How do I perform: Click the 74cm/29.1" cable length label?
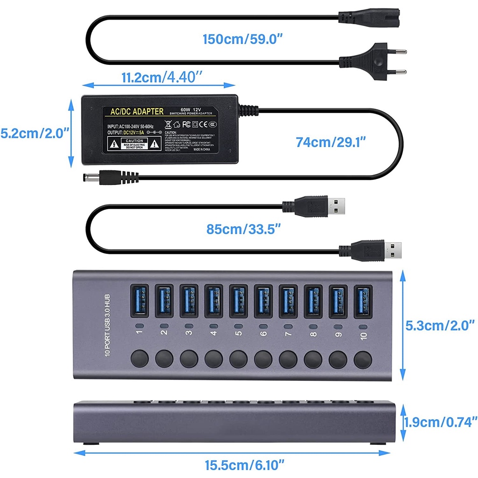tap(331, 142)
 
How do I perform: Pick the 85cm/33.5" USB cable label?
tap(244, 229)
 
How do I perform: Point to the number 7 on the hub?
tap(288, 334)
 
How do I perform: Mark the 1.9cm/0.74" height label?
tap(441, 422)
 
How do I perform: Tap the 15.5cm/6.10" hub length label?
tap(244, 465)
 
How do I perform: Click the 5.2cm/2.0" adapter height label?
tap(35, 134)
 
